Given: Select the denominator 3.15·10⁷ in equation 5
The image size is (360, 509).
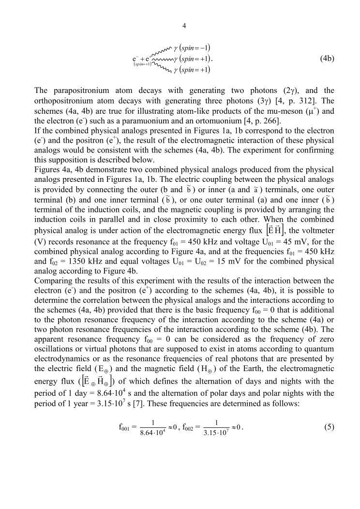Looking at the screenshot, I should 216,432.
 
